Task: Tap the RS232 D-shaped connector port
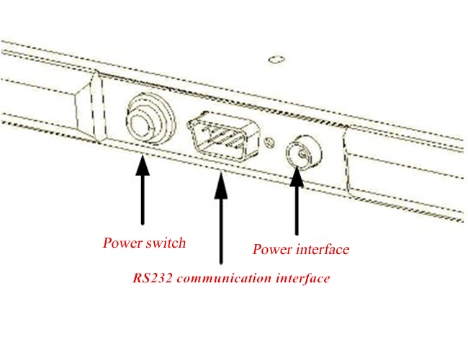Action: coord(223,136)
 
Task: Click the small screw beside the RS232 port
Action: coord(270,143)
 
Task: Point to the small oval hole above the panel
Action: coord(276,60)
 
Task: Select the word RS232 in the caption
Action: coord(152,278)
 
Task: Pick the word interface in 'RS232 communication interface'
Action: coord(302,278)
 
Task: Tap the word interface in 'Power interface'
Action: coord(319,249)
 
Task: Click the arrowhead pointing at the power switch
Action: coord(143,166)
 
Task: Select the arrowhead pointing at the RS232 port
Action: coord(221,185)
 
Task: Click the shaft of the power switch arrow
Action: coord(143,200)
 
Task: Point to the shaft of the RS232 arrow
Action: coord(221,231)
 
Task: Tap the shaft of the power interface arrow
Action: coord(297,211)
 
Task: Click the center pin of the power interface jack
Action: coord(302,154)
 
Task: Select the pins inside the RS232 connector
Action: coord(222,136)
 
